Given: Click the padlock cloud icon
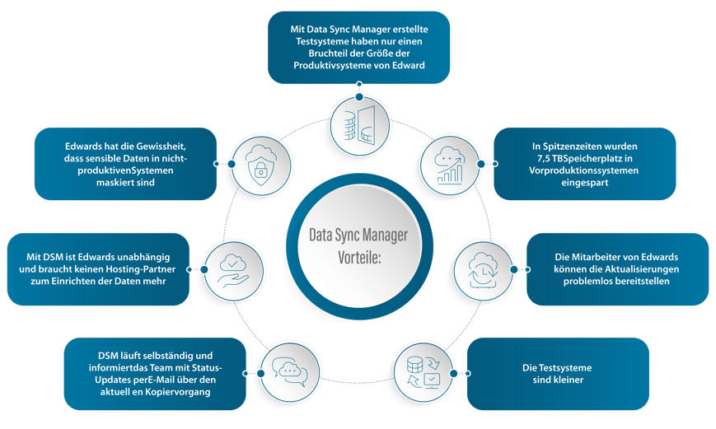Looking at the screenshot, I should [252, 162].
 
